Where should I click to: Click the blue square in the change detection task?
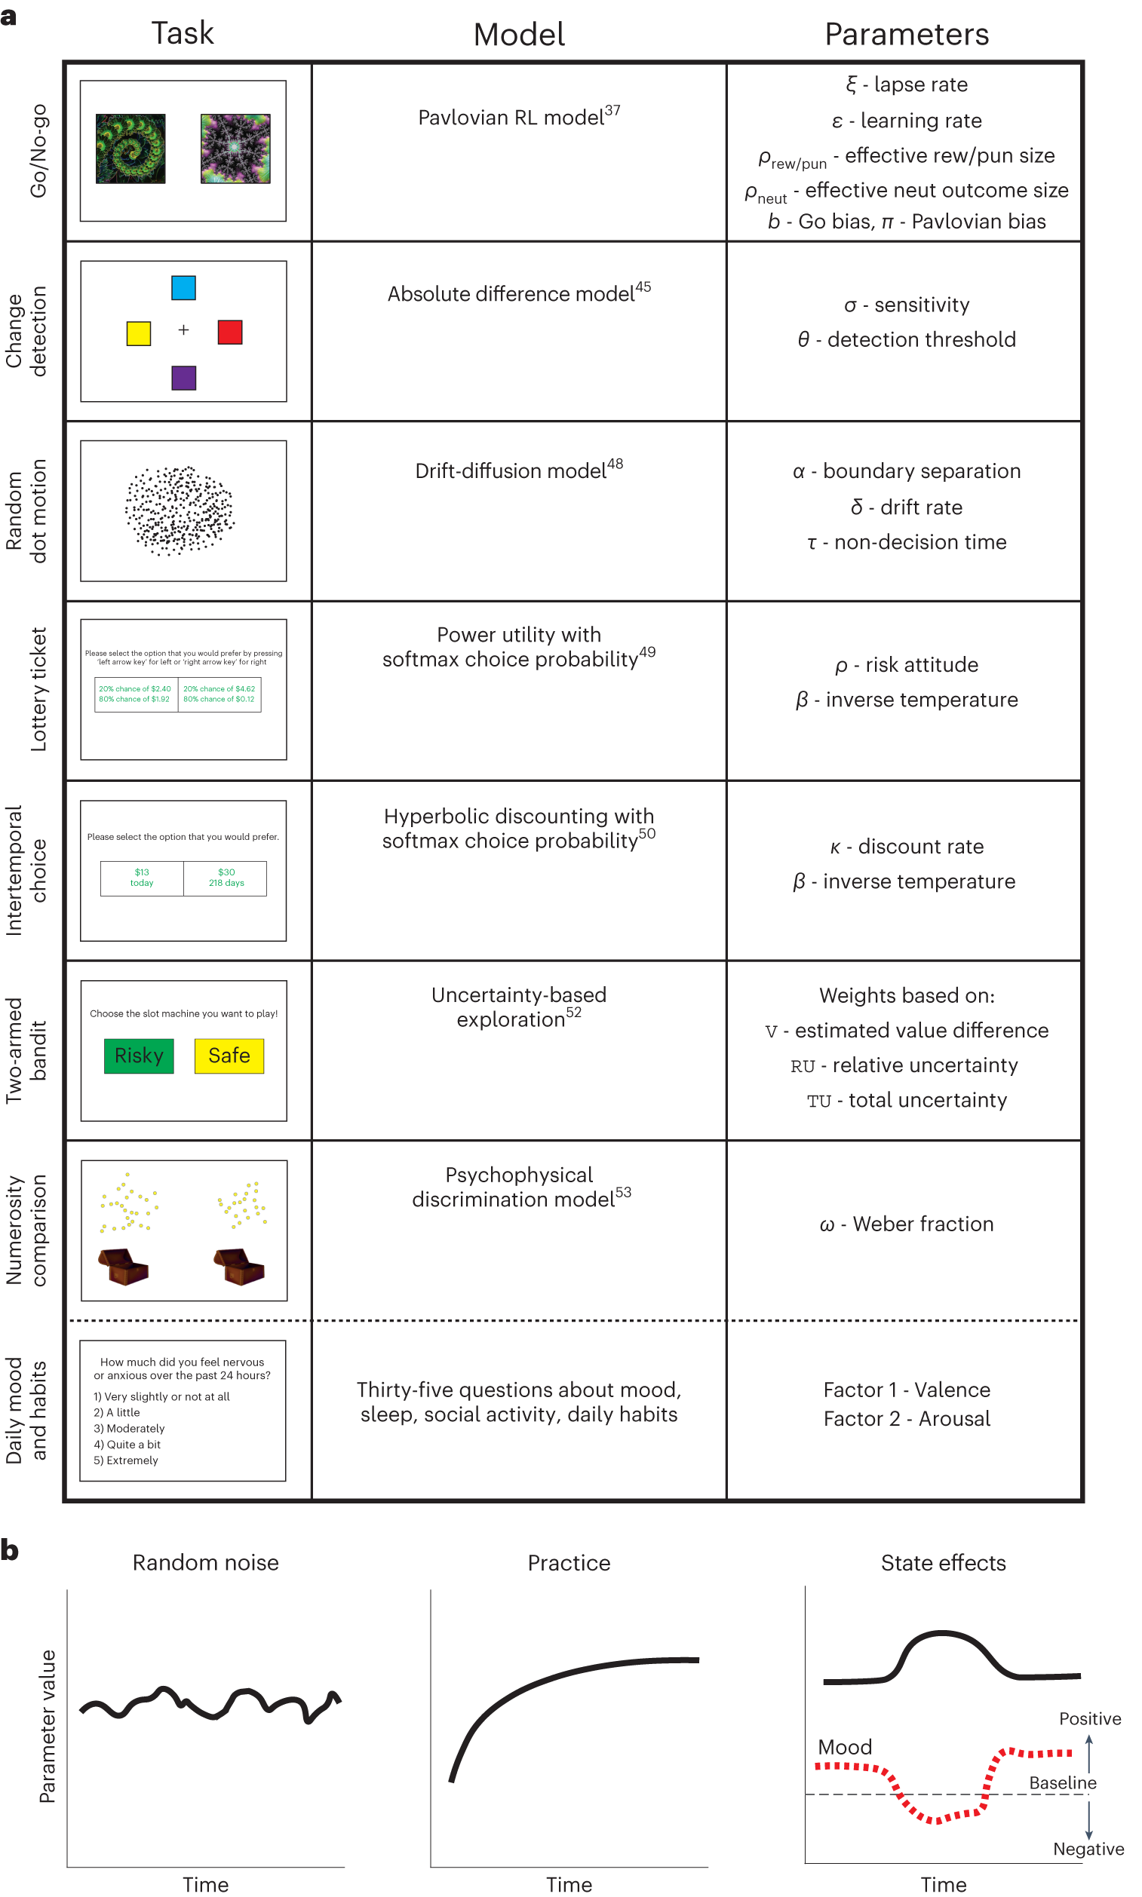[x=183, y=288]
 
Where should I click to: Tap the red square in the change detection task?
[x=229, y=333]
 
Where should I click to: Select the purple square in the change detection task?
[x=183, y=378]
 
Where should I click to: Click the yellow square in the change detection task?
[x=139, y=333]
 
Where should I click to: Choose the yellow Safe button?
[x=229, y=1056]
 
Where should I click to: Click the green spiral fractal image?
[x=130, y=149]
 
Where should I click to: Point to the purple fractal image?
[x=235, y=149]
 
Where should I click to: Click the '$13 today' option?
[x=142, y=878]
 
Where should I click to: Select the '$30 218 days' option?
[x=226, y=878]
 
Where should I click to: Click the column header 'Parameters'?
[x=906, y=35]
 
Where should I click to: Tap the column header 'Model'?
[x=519, y=35]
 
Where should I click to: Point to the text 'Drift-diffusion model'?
[x=510, y=470]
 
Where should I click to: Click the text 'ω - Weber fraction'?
[x=906, y=1224]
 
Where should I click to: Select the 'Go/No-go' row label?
[x=38, y=151]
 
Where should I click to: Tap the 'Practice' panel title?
[x=568, y=1562]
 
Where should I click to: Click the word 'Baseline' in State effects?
[x=1062, y=1782]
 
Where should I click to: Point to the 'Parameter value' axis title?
[x=47, y=1725]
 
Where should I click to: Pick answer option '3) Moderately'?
[x=128, y=1429]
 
